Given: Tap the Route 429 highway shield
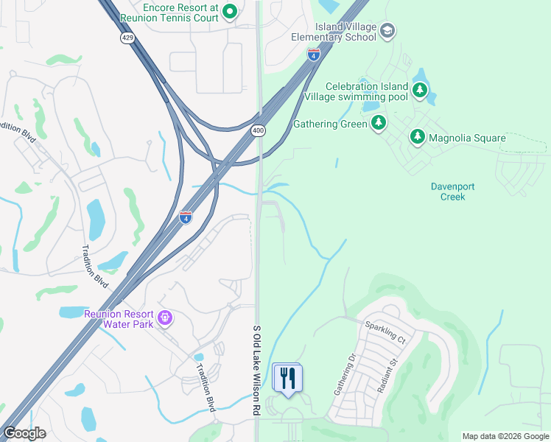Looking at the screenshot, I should (128, 38).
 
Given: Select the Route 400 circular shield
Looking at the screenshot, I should (258, 130).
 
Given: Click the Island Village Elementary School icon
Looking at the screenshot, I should (388, 31).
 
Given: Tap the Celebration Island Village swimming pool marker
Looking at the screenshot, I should (420, 91).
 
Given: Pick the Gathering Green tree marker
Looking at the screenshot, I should (379, 122).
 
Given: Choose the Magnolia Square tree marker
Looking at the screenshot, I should (418, 137).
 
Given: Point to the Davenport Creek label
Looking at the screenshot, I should (448, 192).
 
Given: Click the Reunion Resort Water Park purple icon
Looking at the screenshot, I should (165, 318).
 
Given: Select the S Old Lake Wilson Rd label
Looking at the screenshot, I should (257, 368).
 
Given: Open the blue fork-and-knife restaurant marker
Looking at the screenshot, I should (287, 378).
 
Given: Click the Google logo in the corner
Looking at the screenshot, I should (24, 433).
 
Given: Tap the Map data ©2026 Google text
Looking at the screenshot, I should (505, 436).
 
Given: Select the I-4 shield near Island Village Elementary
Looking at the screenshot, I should (314, 55).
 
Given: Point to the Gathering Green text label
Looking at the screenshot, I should (330, 124).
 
